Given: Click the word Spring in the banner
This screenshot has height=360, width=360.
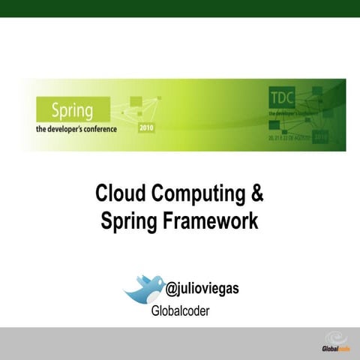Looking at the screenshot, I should tap(72, 111).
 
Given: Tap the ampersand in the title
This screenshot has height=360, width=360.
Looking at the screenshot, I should tap(257, 194).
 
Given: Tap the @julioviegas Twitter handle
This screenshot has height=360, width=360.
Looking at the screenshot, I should tap(202, 288).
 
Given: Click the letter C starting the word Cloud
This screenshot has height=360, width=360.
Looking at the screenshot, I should tap(102, 194).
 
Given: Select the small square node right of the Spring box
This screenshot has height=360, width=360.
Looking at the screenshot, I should tap(135, 100).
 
